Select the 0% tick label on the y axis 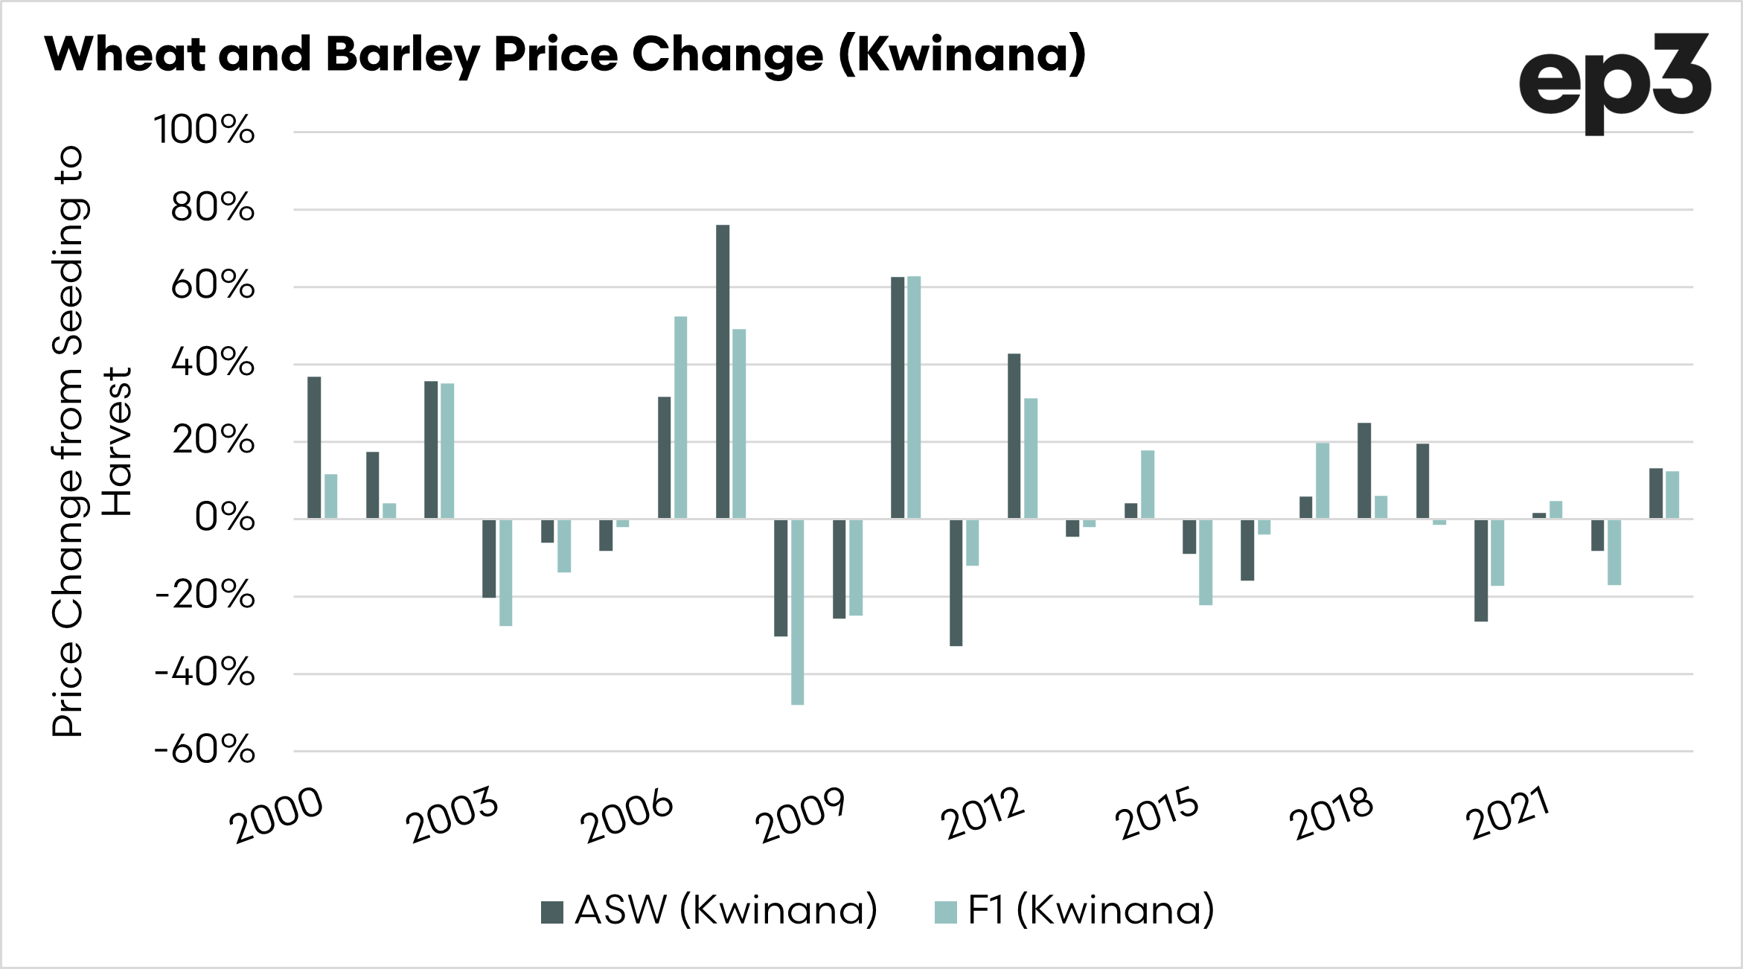pos(224,517)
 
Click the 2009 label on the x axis pos(800,816)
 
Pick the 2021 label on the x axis pos(1508,814)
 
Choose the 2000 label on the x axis pos(276,816)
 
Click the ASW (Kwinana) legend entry pos(709,910)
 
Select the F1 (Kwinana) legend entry pos(1075,910)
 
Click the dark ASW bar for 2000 pos(314,447)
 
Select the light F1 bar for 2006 pos(680,417)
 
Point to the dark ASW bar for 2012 pos(1014,436)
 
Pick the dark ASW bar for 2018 pos(1364,470)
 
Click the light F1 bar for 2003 pos(505,572)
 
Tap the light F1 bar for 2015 pos(1206,562)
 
